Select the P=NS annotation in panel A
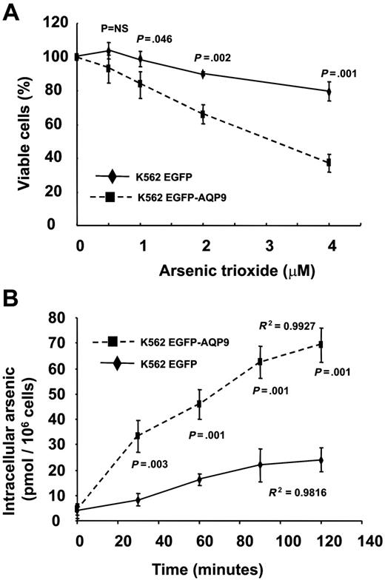(x=115, y=29)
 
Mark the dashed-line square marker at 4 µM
(x=329, y=163)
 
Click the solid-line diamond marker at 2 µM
(x=203, y=73)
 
